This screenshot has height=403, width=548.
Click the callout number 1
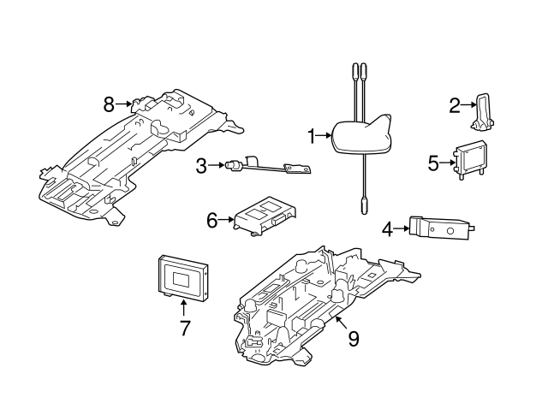[313, 134]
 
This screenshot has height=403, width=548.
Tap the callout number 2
[455, 105]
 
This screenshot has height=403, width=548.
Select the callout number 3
[201, 166]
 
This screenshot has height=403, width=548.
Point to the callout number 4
[387, 228]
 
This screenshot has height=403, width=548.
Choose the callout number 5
[432, 160]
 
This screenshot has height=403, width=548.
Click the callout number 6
[212, 220]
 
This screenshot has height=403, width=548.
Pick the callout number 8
[109, 104]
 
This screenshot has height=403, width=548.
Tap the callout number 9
[353, 338]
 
